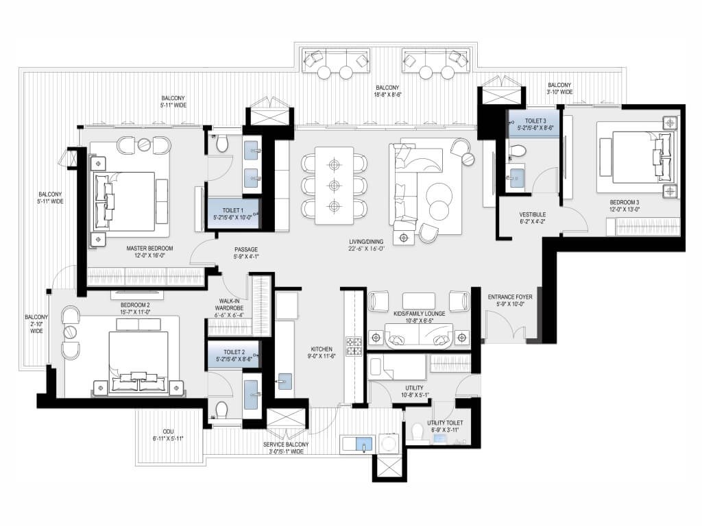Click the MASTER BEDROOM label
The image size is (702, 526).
149,248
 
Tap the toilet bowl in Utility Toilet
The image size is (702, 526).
417,431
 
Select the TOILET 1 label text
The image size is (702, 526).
233,210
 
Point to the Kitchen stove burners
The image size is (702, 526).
354,346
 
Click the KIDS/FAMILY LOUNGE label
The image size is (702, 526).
419,314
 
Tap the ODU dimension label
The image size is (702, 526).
168,438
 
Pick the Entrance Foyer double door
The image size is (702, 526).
505,327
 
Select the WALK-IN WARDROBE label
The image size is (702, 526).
229,305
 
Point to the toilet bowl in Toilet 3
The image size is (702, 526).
517,151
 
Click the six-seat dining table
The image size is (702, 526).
334,186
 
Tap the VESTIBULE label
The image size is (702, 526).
532,214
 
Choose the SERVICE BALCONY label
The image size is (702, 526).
286,444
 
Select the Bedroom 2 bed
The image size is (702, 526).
138,362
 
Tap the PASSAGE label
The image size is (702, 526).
246,249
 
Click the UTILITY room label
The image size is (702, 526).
414,388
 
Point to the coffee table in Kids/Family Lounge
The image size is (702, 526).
419,300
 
